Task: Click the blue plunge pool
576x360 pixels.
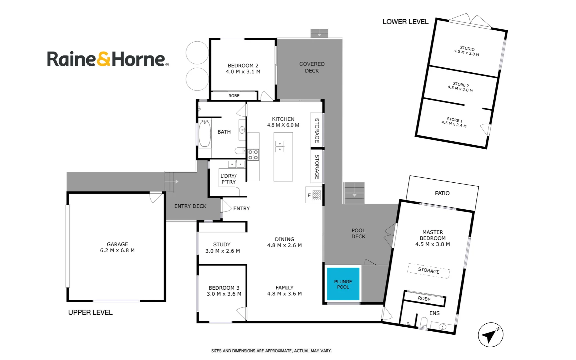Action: click(343, 284)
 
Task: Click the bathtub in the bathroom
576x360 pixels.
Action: click(205, 134)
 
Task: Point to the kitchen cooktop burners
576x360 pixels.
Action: click(253, 155)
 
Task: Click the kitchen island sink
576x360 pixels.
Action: click(280, 146)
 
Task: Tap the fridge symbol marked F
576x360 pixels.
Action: click(313, 195)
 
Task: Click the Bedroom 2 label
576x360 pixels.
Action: click(243, 66)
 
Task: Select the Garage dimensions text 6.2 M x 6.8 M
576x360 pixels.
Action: click(117, 250)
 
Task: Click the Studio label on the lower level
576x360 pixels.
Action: click(467, 49)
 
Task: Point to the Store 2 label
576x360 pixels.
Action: click(461, 85)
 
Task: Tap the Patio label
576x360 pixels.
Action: click(442, 193)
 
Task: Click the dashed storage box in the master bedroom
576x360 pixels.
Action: click(429, 271)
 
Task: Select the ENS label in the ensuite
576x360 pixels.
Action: click(434, 313)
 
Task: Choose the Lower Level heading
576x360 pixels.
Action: click(405, 22)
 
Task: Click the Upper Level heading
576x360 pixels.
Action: click(90, 312)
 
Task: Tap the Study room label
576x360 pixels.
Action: click(222, 245)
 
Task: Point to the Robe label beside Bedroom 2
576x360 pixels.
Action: click(234, 96)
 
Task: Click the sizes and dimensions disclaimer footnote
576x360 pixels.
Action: click(272, 351)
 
